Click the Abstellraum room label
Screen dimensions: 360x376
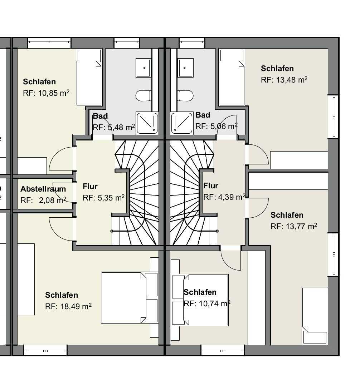[x=43, y=189]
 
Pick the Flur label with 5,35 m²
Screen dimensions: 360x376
[x=90, y=186]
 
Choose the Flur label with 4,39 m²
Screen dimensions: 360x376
[x=211, y=185]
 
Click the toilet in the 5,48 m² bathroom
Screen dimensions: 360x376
[x=143, y=96]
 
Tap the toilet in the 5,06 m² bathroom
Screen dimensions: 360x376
[x=185, y=96]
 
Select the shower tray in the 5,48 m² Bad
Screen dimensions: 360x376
[x=147, y=123]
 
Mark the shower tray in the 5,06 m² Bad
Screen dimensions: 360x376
[x=182, y=123]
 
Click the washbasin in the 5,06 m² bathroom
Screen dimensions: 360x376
[x=185, y=68]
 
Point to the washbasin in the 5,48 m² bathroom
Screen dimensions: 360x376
[x=143, y=68]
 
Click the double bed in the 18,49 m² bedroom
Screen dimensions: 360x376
[x=130, y=297]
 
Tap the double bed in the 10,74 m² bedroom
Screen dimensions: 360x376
[x=200, y=300]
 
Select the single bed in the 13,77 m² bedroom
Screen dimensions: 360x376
[x=315, y=316]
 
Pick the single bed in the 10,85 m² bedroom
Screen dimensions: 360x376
[x=89, y=77]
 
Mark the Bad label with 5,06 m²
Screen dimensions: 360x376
[x=203, y=115]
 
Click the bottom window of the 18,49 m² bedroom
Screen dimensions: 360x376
[x=45, y=350]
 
